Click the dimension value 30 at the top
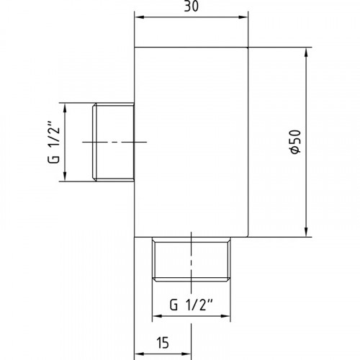192,6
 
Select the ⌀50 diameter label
295,142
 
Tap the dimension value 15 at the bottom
163,343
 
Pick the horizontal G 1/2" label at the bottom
192,305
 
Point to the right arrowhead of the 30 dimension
243,17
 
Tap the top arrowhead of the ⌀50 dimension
306,53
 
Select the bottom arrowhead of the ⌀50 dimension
306,232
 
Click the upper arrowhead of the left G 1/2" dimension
65,108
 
